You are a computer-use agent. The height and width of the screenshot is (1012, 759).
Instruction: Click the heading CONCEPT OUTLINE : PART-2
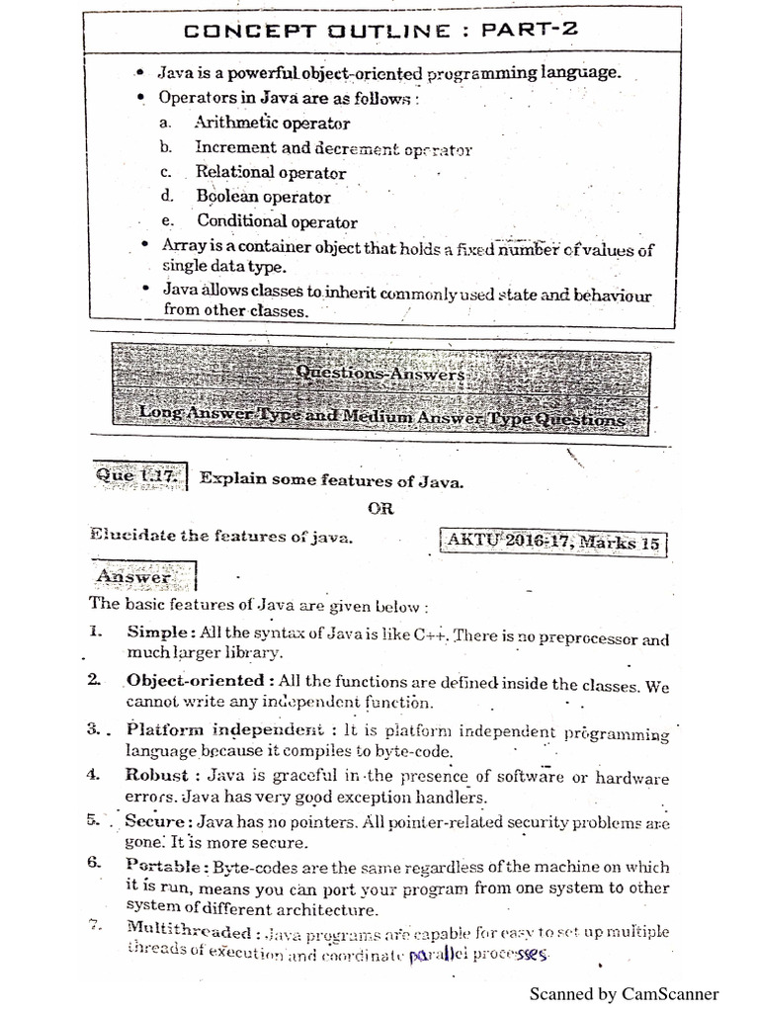(x=379, y=30)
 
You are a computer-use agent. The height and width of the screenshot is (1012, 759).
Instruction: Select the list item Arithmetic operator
(x=272, y=124)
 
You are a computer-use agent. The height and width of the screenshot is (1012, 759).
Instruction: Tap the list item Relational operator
(x=270, y=172)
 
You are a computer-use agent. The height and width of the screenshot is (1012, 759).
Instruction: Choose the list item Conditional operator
(x=277, y=221)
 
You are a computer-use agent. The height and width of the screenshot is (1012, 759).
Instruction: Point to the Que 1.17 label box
(x=138, y=477)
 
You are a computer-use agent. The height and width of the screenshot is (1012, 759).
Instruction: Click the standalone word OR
(x=380, y=509)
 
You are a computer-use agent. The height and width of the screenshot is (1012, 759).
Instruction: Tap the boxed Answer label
(x=134, y=575)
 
